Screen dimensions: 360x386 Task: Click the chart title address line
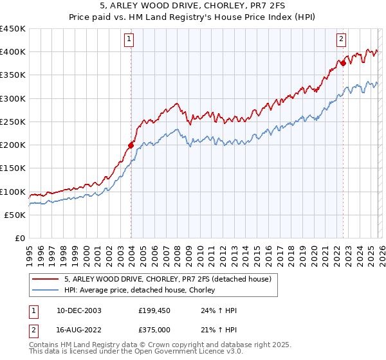click(x=193, y=6)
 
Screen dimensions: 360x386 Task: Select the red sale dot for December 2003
click(x=131, y=145)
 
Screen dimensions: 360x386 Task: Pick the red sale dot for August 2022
click(x=344, y=63)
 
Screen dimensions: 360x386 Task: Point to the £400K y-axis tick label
click(x=13, y=52)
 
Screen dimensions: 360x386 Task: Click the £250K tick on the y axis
click(x=13, y=122)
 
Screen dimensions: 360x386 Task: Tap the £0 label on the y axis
click(x=21, y=239)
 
